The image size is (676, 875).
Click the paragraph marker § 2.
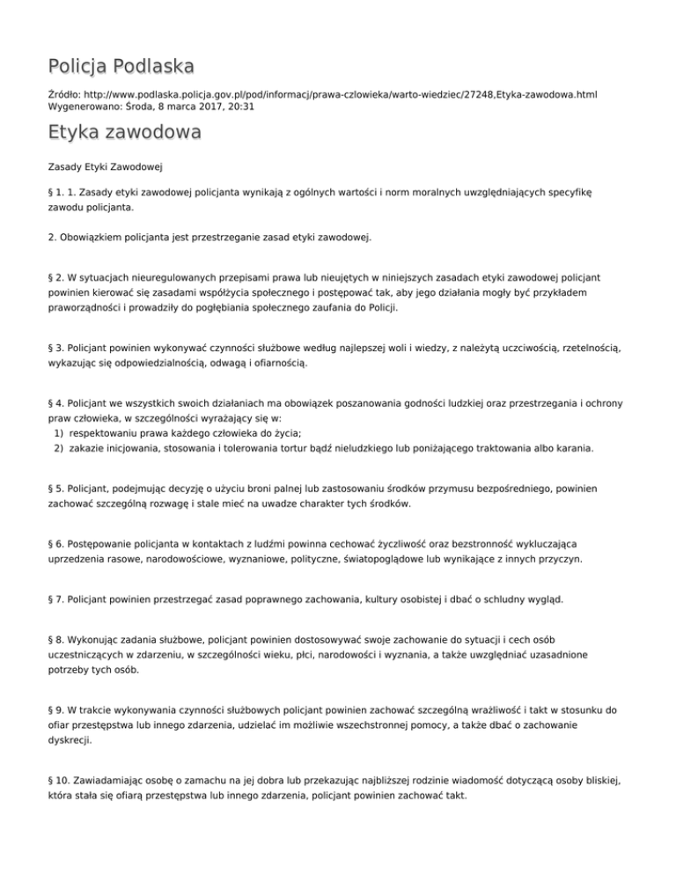click(55, 275)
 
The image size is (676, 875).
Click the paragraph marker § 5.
click(55, 489)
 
